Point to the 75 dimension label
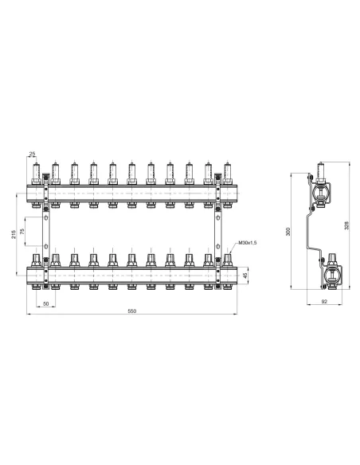pos(33,232)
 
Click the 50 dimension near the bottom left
pos(45,303)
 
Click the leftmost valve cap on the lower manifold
pos(36,260)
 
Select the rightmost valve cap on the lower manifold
pos(227,260)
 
